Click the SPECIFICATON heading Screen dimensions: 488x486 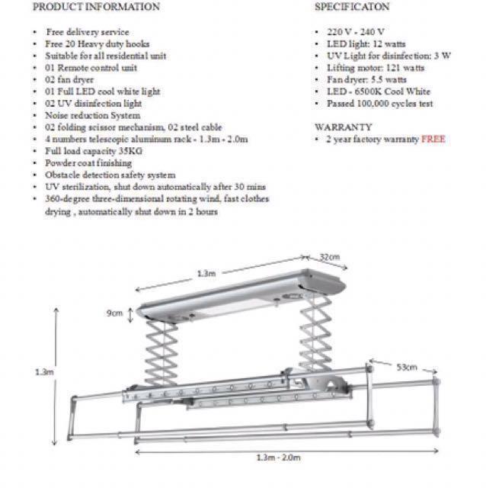tap(353, 7)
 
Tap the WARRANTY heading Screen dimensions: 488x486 tap(343, 127)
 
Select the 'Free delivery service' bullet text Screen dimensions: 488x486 tap(88, 32)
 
